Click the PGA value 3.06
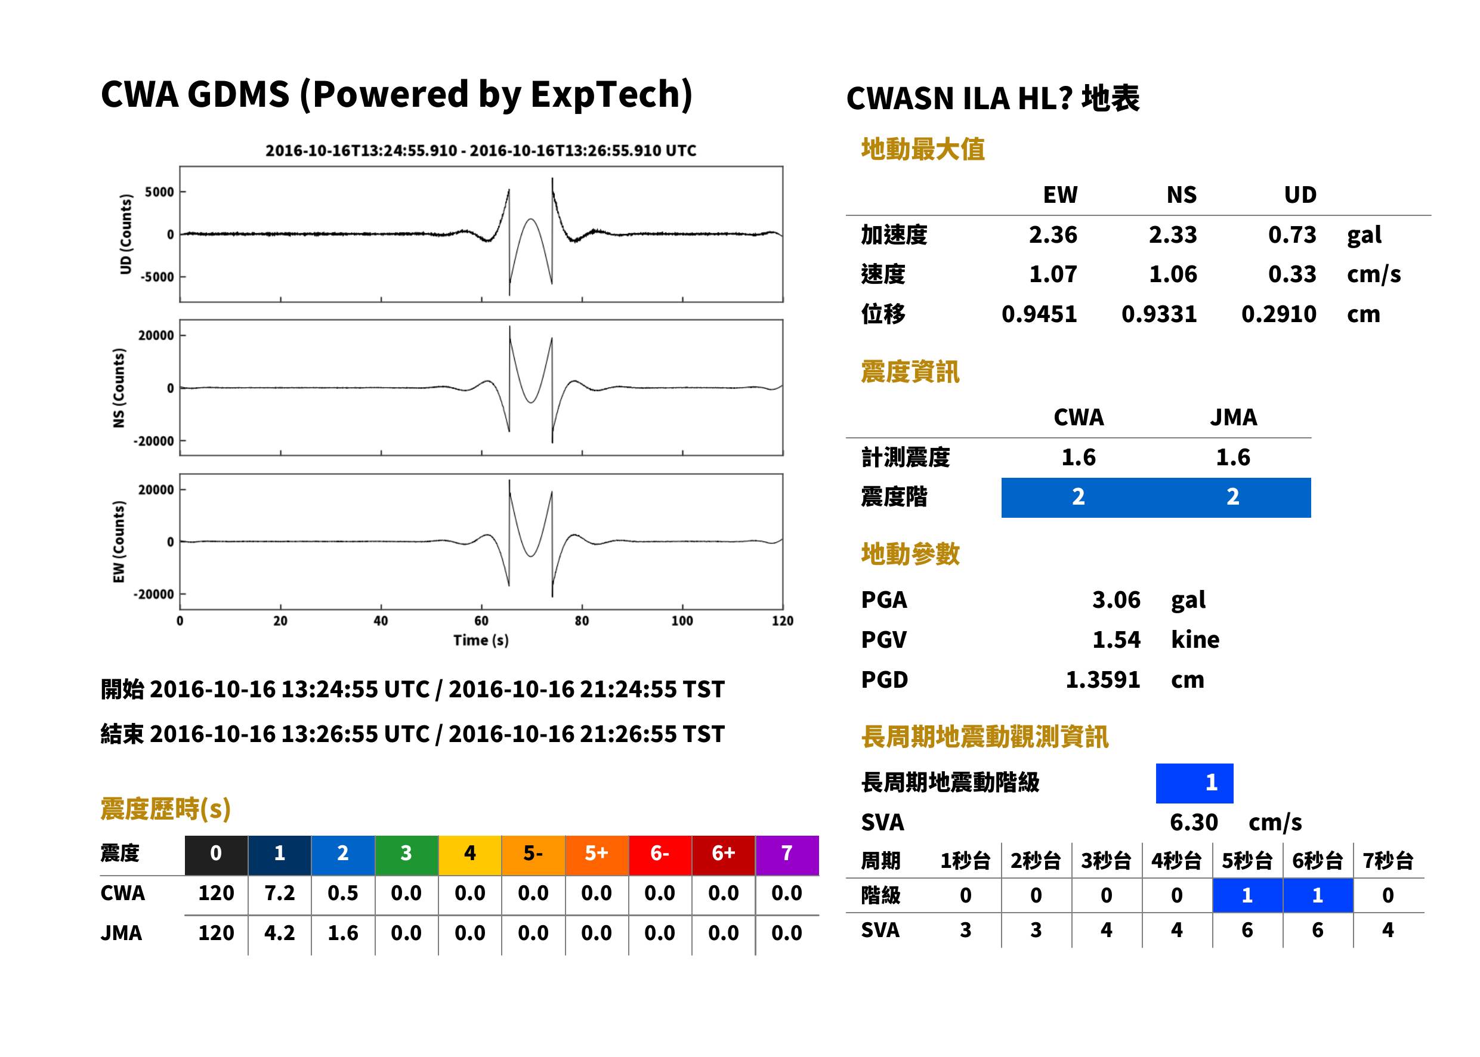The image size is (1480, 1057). [1116, 599]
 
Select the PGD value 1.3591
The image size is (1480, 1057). [1102, 679]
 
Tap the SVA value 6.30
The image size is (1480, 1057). [1194, 822]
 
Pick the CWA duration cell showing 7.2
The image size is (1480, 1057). [280, 893]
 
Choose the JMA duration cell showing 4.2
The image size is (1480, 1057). [280, 933]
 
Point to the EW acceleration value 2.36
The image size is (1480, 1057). [1052, 234]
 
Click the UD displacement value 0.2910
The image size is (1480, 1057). [1279, 314]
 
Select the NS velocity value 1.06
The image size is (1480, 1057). [1173, 274]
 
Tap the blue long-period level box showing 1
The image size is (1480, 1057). [1194, 783]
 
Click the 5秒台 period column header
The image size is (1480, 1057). [1247, 860]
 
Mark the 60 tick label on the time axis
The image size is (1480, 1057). [481, 620]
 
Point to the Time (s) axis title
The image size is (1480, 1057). [481, 641]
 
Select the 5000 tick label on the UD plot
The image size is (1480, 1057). [159, 192]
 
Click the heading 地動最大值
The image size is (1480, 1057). [923, 149]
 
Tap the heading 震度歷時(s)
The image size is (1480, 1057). [166, 809]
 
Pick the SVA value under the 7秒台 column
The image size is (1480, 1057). [1388, 930]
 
